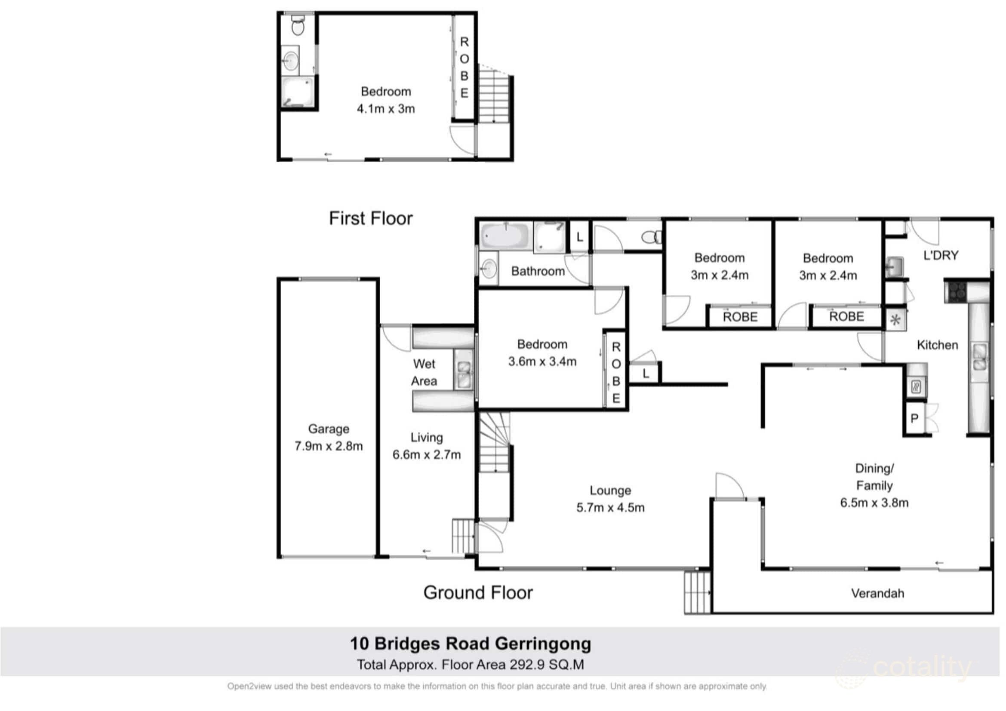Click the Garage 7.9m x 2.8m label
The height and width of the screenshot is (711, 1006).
pos(329,438)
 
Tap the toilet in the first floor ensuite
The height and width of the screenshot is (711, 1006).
pos(298,26)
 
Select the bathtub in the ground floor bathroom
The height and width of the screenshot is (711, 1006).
pos(506,236)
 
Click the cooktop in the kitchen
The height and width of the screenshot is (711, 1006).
pos(956,291)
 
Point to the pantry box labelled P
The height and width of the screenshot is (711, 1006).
pos(914,419)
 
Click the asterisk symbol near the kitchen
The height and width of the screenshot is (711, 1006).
pos(895,320)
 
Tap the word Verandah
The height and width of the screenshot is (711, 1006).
pos(877,594)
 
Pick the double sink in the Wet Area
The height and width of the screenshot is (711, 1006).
pos(464,370)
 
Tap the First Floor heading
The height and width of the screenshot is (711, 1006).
pos(371,218)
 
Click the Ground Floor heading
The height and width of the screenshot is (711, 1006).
pos(478,593)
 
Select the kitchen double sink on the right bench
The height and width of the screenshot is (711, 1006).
pos(980,357)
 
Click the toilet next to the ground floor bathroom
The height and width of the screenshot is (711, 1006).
pos(652,237)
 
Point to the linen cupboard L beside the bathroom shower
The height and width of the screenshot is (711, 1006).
pos(580,237)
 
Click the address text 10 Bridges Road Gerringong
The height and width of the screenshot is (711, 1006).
pos(470,644)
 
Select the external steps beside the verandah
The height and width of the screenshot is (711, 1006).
pos(697,593)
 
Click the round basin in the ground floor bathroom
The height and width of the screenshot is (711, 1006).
pos(489,268)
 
